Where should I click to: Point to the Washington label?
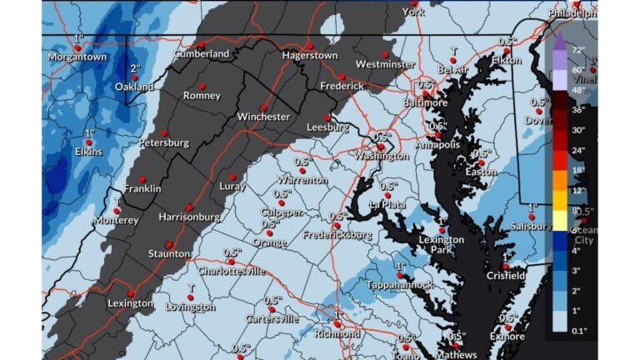click(x=380, y=156)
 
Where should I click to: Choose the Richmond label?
click(x=337, y=333)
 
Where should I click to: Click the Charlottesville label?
click(x=231, y=271)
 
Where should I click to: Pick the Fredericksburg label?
click(x=337, y=235)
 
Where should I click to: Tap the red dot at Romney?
click(x=201, y=85)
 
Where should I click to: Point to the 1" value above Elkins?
click(x=89, y=133)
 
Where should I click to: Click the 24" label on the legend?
click(x=577, y=149)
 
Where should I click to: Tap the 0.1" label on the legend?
click(x=577, y=331)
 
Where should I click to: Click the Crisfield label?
click(x=506, y=276)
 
